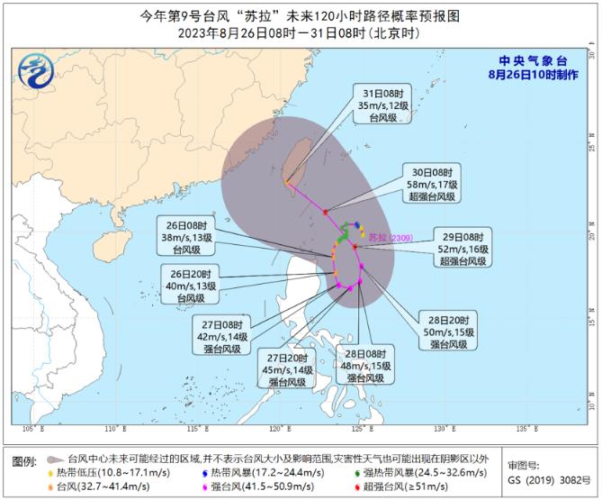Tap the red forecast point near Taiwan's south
325,212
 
